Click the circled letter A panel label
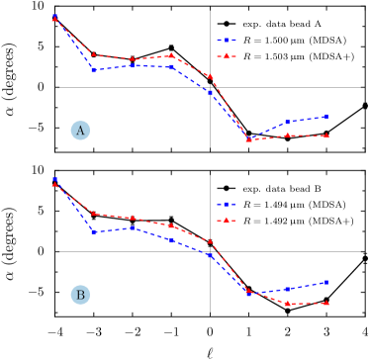80,131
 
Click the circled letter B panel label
80,295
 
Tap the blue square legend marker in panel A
227,41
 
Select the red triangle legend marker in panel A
227,56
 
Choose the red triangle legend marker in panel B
227,220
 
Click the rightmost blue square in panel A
326,117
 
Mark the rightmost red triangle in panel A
326,135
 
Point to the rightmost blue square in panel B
326,282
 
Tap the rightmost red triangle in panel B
326,303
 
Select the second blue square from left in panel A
93,70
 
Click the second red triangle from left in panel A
93,54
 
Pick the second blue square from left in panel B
93,232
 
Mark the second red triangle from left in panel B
93,213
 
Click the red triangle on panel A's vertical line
210,76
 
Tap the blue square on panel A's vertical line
210,92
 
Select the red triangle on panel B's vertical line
210,241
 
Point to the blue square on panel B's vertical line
210,255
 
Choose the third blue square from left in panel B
133,228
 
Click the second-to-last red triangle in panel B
287,303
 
